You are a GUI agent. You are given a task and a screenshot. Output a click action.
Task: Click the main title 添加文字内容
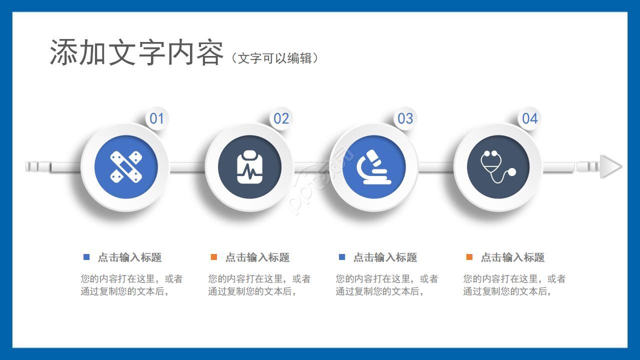coord(136,52)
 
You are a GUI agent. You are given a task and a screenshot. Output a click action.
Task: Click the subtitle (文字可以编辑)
coord(274,58)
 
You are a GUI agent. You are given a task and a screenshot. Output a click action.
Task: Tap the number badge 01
coord(157,118)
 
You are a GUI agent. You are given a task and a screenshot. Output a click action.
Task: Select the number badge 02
coord(281,118)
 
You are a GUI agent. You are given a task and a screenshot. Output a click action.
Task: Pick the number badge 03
coord(405,118)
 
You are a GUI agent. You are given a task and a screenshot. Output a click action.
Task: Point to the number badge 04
coord(529,118)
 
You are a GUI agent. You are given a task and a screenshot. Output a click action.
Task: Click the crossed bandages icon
coord(126,166)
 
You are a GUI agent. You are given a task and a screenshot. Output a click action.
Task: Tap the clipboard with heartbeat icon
coord(249,167)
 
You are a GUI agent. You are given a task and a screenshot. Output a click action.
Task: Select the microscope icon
coord(374,166)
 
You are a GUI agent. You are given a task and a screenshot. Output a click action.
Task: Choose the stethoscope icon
coord(498,166)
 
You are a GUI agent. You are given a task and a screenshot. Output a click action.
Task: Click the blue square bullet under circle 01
coord(86,257)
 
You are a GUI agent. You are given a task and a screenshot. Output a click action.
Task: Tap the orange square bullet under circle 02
coord(214,257)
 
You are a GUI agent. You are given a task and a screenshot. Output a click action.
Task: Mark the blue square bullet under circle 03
coord(342,257)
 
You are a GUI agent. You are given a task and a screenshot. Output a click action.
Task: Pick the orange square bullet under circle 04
coord(469,257)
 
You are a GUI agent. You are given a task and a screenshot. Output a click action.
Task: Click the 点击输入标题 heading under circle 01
coord(129,257)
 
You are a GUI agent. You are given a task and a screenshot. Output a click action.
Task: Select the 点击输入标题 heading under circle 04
coord(512,257)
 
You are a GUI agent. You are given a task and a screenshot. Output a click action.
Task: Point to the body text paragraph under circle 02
coord(259,285)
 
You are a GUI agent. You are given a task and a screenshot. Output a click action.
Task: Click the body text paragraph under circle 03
coord(386,285)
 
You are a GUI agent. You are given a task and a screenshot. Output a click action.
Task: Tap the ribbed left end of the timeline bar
coord(38,166)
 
